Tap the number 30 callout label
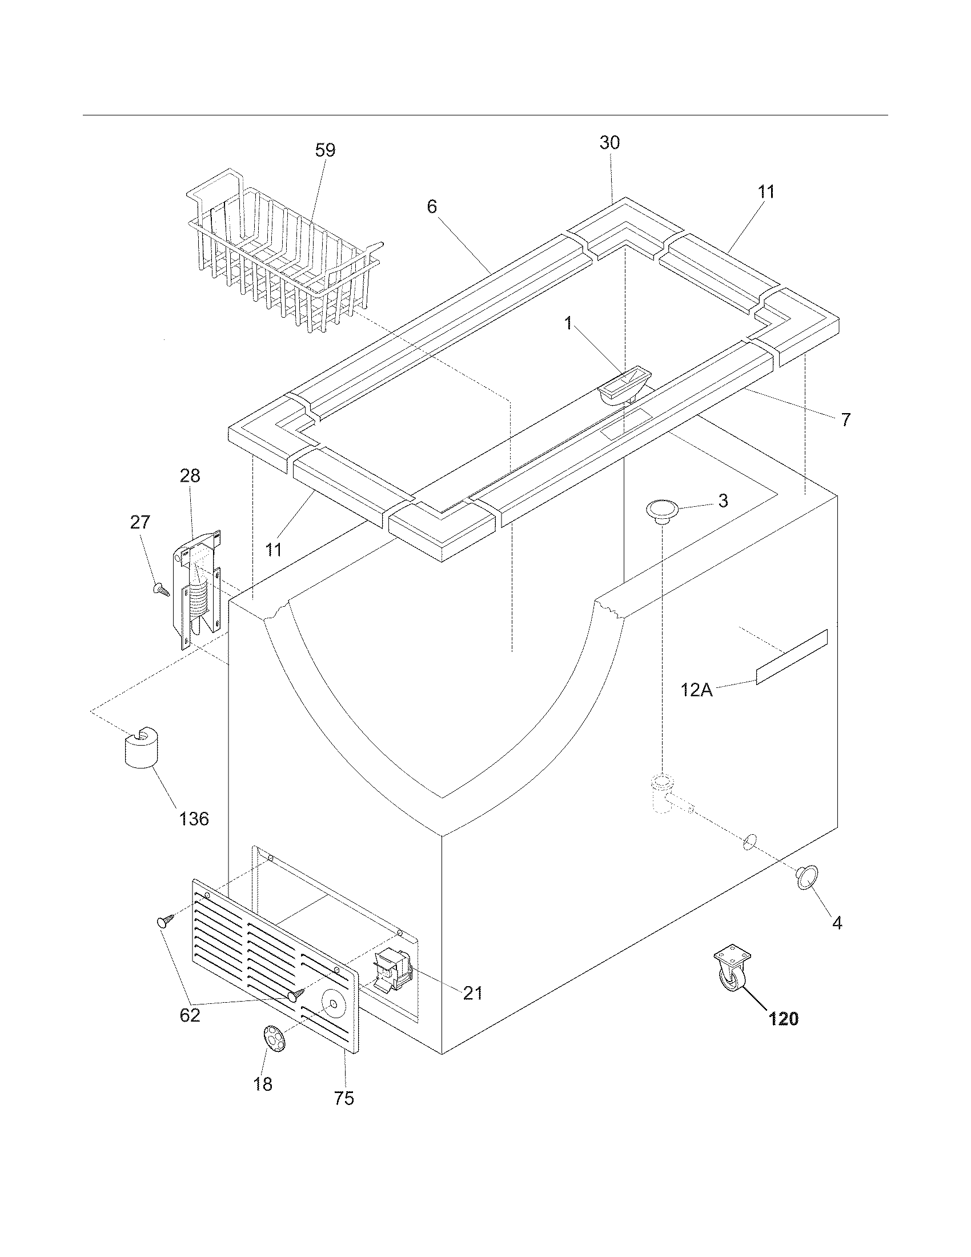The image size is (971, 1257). [x=610, y=143]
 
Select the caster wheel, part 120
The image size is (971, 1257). [x=732, y=972]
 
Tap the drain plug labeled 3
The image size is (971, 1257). [x=662, y=510]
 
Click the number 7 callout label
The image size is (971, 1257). [x=845, y=420]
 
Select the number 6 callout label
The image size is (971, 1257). [x=432, y=207]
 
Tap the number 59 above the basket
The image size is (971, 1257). [x=325, y=150]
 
